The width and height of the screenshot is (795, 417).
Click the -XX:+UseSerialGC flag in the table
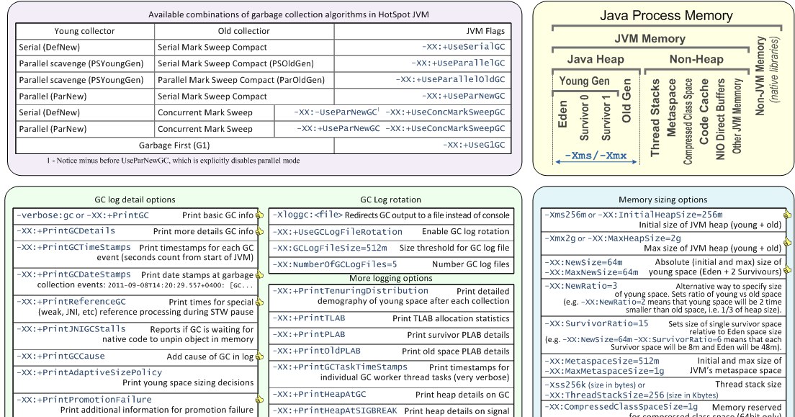coord(464,48)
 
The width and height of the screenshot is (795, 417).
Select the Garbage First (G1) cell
coord(174,145)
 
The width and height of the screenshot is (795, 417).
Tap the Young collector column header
coord(85,31)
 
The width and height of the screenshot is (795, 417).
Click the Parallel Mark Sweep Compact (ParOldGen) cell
coord(241,80)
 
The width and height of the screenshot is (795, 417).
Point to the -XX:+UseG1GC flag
coord(474,145)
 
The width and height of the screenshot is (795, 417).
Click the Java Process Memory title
coord(666,16)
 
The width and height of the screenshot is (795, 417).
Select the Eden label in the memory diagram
coord(562,114)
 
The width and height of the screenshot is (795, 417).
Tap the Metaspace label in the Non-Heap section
coord(671,107)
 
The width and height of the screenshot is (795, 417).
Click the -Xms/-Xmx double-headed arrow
coord(596,162)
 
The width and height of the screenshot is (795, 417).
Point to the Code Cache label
coord(704,111)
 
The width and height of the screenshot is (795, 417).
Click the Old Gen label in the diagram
coord(626,100)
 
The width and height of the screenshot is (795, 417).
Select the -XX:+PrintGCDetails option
coord(66,231)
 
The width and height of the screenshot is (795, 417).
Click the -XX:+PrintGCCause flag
coord(60,357)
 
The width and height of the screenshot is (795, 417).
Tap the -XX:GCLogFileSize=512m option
coord(330,248)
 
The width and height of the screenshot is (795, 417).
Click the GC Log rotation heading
coord(390,200)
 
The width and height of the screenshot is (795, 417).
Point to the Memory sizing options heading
coord(662,200)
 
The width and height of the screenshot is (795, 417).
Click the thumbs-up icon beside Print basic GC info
coord(259,215)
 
